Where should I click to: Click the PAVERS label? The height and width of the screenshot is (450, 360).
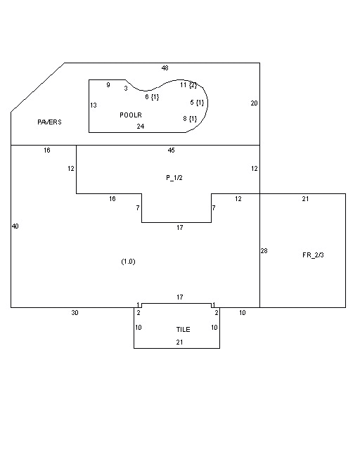click(x=49, y=122)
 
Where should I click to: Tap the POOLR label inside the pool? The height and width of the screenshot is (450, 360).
click(x=131, y=115)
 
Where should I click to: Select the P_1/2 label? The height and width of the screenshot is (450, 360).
click(x=174, y=178)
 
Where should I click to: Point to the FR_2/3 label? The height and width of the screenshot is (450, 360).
click(x=313, y=255)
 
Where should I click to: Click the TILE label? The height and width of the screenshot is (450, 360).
click(x=183, y=329)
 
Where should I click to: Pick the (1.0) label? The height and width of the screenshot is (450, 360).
click(x=128, y=262)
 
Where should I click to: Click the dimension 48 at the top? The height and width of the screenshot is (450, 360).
click(x=165, y=68)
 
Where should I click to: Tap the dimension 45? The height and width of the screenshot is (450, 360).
click(x=171, y=150)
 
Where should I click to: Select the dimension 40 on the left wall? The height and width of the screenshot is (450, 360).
click(x=15, y=226)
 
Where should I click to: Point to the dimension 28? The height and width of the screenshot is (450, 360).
click(x=264, y=251)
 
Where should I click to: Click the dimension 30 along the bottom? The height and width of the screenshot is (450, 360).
click(x=75, y=312)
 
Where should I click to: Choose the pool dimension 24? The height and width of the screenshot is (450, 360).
click(x=141, y=127)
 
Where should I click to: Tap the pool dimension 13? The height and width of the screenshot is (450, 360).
click(x=94, y=105)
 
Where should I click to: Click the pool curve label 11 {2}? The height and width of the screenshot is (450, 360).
click(x=188, y=85)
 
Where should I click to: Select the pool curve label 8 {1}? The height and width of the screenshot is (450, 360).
click(x=190, y=119)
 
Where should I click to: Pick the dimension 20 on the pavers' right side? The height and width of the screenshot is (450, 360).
click(x=254, y=103)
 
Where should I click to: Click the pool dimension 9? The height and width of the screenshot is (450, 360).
click(x=108, y=84)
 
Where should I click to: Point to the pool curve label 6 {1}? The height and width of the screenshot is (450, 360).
click(x=152, y=97)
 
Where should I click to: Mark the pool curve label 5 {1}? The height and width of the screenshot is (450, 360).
click(x=197, y=103)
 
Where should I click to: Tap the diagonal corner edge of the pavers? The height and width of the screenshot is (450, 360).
click(x=37, y=87)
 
